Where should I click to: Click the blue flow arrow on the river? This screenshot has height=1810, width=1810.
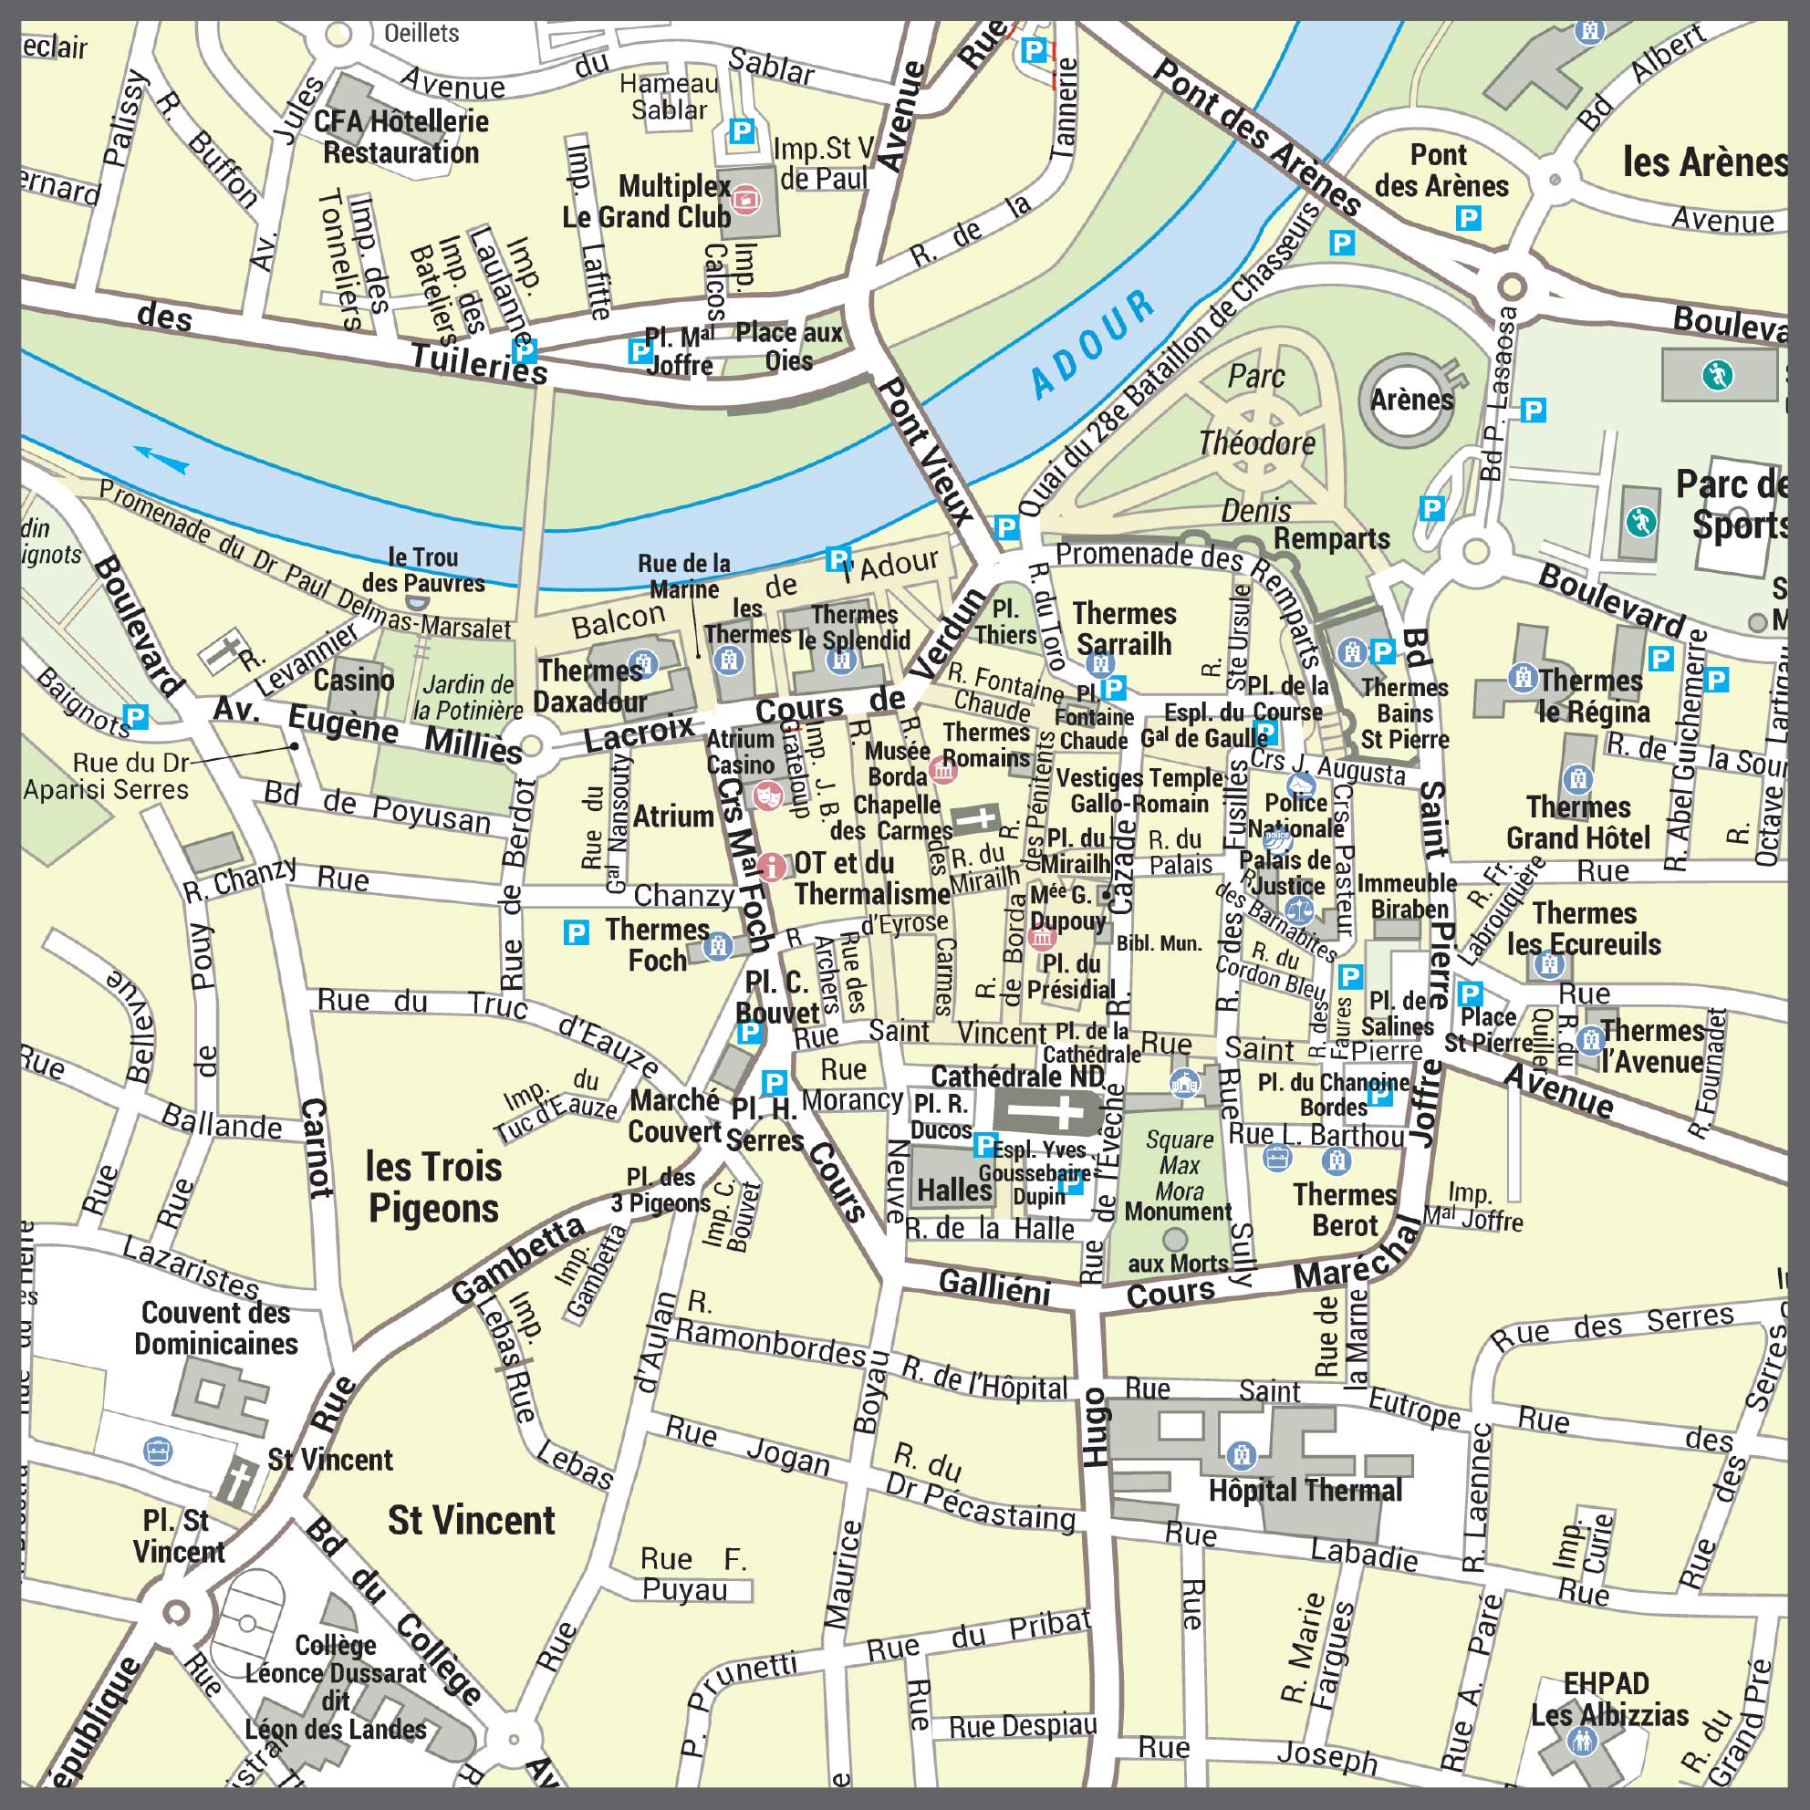161,459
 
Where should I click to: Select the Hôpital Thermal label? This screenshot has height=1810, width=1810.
1305,1491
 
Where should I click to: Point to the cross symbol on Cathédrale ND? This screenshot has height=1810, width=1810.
1049,1112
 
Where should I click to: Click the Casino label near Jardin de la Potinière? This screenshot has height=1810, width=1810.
353,680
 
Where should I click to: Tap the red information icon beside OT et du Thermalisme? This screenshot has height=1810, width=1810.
771,866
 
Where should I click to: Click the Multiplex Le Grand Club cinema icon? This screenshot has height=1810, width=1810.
745,199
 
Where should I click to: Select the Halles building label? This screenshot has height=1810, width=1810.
953,1191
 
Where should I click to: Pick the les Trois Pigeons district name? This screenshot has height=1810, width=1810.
433,1188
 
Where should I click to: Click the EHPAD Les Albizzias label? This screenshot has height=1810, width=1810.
1608,1699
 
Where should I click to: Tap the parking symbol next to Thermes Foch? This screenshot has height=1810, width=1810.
577,932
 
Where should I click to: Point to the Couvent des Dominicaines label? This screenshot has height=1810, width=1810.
215,1328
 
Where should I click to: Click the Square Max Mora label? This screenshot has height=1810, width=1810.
1180,1165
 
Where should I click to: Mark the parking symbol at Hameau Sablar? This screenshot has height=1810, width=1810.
741,131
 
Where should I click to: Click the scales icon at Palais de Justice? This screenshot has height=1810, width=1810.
1299,907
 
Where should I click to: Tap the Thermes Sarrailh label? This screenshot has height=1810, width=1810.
1123,629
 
